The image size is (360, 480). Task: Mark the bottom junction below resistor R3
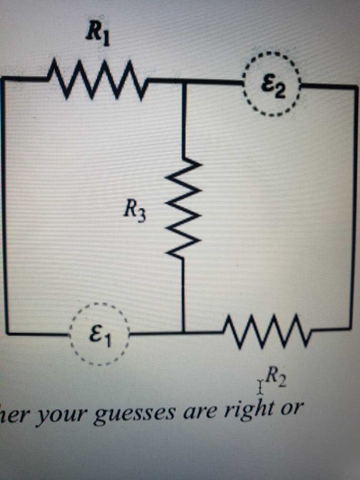[184, 332]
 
